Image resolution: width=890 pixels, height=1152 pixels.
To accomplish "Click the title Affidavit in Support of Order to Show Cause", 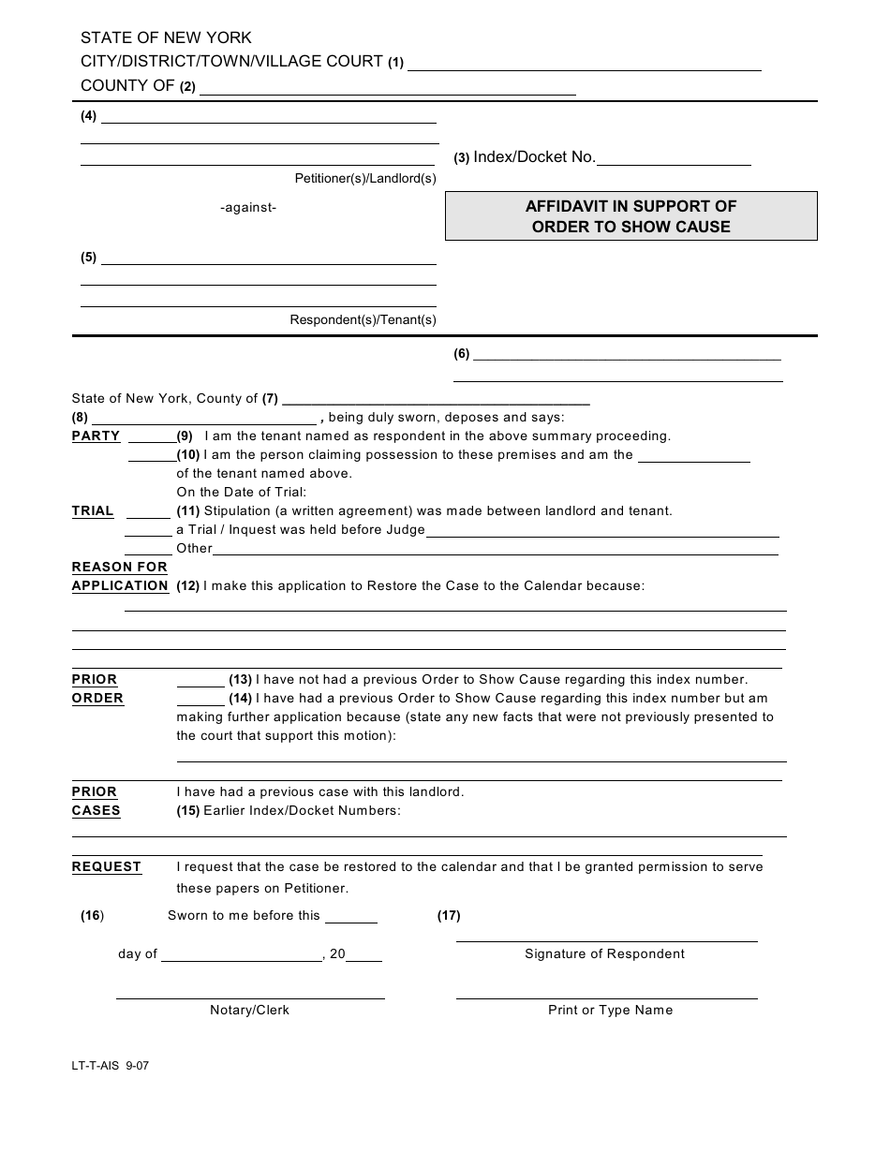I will (x=630, y=216).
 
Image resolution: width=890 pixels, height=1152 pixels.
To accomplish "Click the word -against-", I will (x=248, y=208).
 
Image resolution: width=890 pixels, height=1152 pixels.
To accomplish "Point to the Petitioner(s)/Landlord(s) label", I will (x=365, y=178).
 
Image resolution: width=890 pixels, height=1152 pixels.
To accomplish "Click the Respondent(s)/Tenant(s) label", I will (x=363, y=319).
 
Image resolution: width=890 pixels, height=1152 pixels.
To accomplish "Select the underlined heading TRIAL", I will (x=93, y=511).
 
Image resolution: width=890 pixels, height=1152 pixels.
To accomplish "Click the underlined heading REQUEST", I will (x=107, y=867).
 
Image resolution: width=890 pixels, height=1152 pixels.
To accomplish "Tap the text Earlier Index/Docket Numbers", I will (x=302, y=811).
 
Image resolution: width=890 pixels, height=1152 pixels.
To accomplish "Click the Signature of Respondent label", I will (x=604, y=954).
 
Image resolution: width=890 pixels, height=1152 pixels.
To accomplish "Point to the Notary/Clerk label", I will (x=249, y=1011).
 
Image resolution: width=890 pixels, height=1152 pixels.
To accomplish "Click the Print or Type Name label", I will (x=610, y=1011).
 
